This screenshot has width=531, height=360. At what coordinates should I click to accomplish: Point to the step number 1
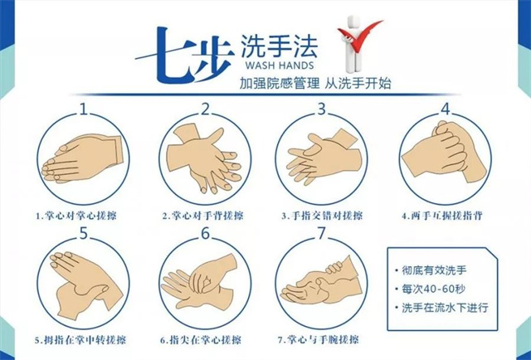click(84, 109)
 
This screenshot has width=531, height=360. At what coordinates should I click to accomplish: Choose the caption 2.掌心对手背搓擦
click(202, 216)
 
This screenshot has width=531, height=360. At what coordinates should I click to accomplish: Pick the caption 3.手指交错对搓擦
click(324, 216)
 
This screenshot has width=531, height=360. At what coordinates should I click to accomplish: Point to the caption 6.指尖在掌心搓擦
click(202, 340)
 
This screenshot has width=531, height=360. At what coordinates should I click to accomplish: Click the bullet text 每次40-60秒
click(436, 289)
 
